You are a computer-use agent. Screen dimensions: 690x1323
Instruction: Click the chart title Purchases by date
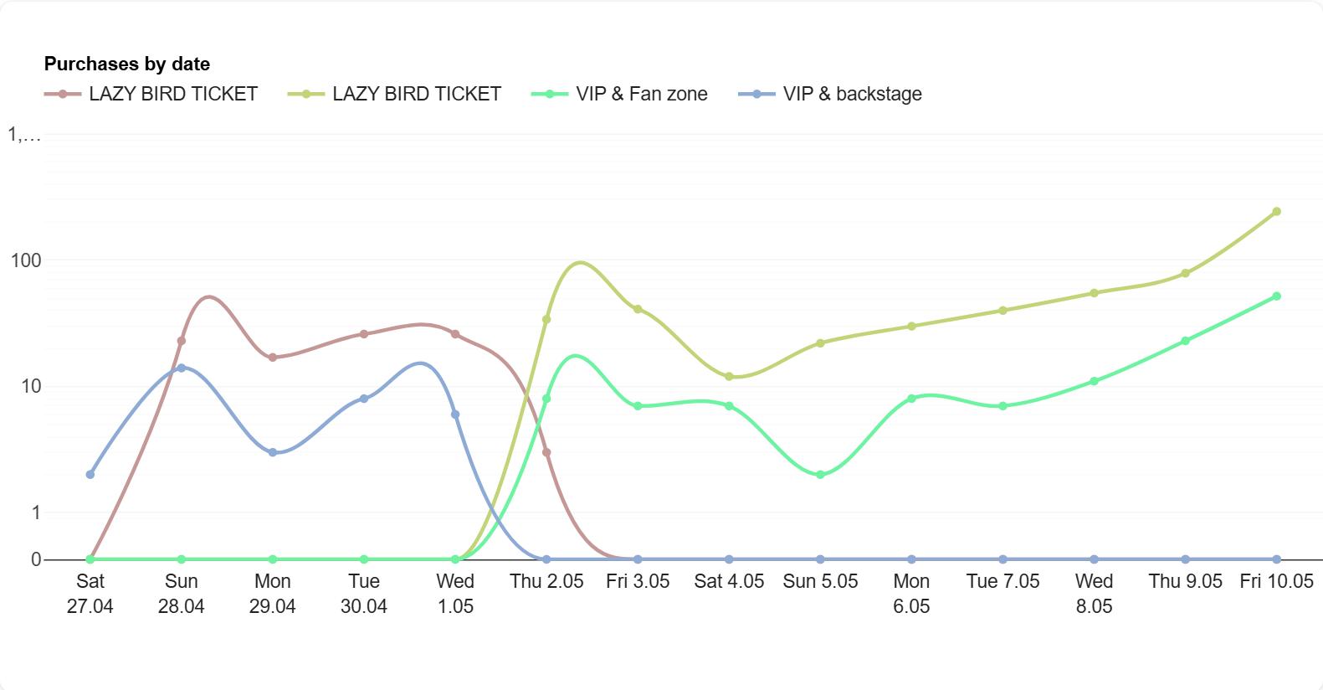pos(126,64)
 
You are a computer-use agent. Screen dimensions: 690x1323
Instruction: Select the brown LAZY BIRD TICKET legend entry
pos(151,94)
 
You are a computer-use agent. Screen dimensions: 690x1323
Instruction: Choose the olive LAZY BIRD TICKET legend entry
pos(395,94)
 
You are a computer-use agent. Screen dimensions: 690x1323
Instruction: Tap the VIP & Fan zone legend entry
pos(619,94)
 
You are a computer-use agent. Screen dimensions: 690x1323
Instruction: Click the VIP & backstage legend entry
pos(830,94)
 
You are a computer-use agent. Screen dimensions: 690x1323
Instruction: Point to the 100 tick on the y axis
pos(26,260)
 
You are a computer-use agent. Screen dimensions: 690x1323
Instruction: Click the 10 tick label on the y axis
pos(31,386)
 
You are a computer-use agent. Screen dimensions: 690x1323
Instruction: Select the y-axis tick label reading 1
pos(36,512)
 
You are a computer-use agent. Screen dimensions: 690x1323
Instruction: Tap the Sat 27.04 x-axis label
pos(90,593)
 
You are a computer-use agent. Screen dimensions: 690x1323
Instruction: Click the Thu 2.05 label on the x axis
pos(546,581)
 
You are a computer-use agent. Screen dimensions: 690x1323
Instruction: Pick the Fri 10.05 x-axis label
pos(1276,581)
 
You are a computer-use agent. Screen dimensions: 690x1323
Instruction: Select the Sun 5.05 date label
pos(820,581)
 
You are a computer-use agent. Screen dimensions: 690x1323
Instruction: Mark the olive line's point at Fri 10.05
pos(1276,212)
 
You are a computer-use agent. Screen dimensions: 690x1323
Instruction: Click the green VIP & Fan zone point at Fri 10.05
pos(1276,296)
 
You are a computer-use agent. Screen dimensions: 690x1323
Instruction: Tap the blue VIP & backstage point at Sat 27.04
pos(90,475)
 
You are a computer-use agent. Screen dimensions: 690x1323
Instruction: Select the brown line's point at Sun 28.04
pos(182,341)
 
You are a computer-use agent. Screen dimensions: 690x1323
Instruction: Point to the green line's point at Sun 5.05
pos(820,475)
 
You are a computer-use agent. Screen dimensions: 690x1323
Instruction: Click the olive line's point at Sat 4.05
pos(729,377)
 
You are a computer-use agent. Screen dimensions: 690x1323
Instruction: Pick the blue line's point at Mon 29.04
pos(273,452)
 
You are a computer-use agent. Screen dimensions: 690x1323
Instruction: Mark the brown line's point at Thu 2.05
pos(546,452)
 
